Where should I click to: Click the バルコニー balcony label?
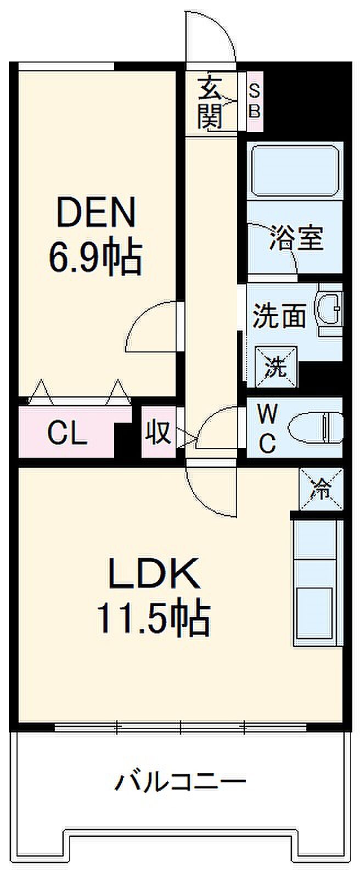click(x=180, y=781)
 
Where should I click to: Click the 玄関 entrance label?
click(x=210, y=103)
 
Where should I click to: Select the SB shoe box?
click(x=255, y=101)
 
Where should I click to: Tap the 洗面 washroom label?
click(x=278, y=317)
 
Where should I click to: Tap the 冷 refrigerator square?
click(x=320, y=488)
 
